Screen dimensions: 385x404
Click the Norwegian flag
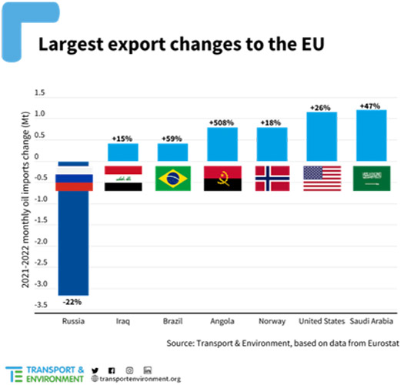tap(272, 178)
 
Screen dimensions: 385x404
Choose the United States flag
tap(322, 178)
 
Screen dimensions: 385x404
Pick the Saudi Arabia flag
tap(370, 178)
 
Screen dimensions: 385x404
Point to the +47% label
tap(370, 103)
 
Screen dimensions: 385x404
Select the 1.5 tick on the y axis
tap(40, 93)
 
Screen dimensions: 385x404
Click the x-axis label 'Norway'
tap(272, 320)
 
